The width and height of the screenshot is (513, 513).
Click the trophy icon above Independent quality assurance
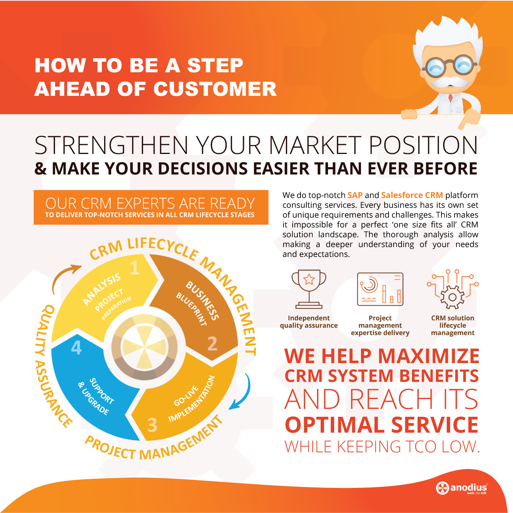pos(309,289)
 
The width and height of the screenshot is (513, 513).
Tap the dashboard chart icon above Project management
pos(380,289)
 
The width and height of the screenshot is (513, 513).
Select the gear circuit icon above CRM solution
pos(453,289)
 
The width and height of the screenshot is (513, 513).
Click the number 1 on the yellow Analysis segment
pos(135,268)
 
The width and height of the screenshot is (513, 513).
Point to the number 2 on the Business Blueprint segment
pos(212,344)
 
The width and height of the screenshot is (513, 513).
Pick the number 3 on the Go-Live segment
pos(152,425)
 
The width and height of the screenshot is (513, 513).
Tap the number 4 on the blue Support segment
pos(76,348)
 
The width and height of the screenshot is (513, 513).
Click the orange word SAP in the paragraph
pos(355,195)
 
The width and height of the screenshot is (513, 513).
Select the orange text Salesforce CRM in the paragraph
pos(412,195)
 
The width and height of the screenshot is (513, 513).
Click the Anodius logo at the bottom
pos(462,488)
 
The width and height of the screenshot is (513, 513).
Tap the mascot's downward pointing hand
pos(469,119)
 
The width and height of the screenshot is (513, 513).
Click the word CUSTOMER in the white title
pos(215,89)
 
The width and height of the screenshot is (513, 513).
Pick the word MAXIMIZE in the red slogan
pos(429,356)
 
